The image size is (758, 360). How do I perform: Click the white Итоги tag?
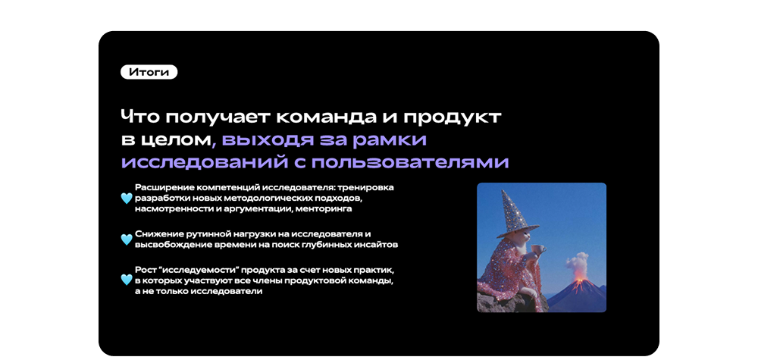click(149, 72)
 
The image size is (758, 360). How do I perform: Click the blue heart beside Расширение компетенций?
click(126, 198)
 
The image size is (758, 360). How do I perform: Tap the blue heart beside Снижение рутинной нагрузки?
click(126, 239)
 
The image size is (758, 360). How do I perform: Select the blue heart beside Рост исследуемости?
click(126, 280)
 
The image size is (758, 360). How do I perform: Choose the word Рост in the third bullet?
click(143, 270)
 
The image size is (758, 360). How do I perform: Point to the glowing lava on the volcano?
click(578, 283)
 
